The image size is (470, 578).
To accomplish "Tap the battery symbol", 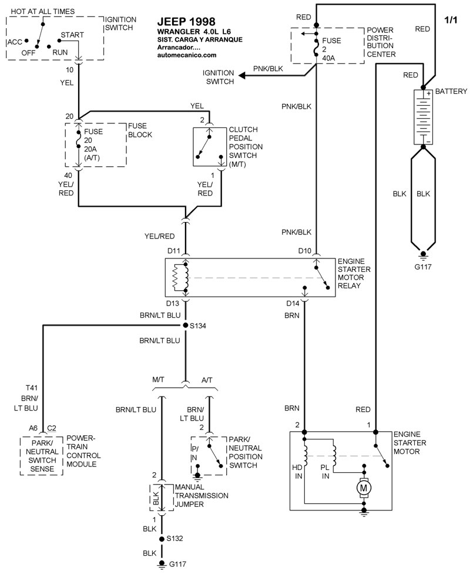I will point(422,117).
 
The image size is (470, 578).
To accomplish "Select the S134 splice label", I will point(199,325).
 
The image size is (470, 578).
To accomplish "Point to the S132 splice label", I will point(175,538).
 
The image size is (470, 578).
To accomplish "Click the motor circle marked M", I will point(364,487).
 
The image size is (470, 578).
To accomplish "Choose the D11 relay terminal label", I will point(173,251).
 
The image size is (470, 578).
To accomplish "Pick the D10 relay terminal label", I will point(304,251).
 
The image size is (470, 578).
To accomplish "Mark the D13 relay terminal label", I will point(173,304).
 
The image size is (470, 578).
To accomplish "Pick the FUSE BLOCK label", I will point(140,130).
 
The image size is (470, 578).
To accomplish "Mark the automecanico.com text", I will point(187,55).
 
